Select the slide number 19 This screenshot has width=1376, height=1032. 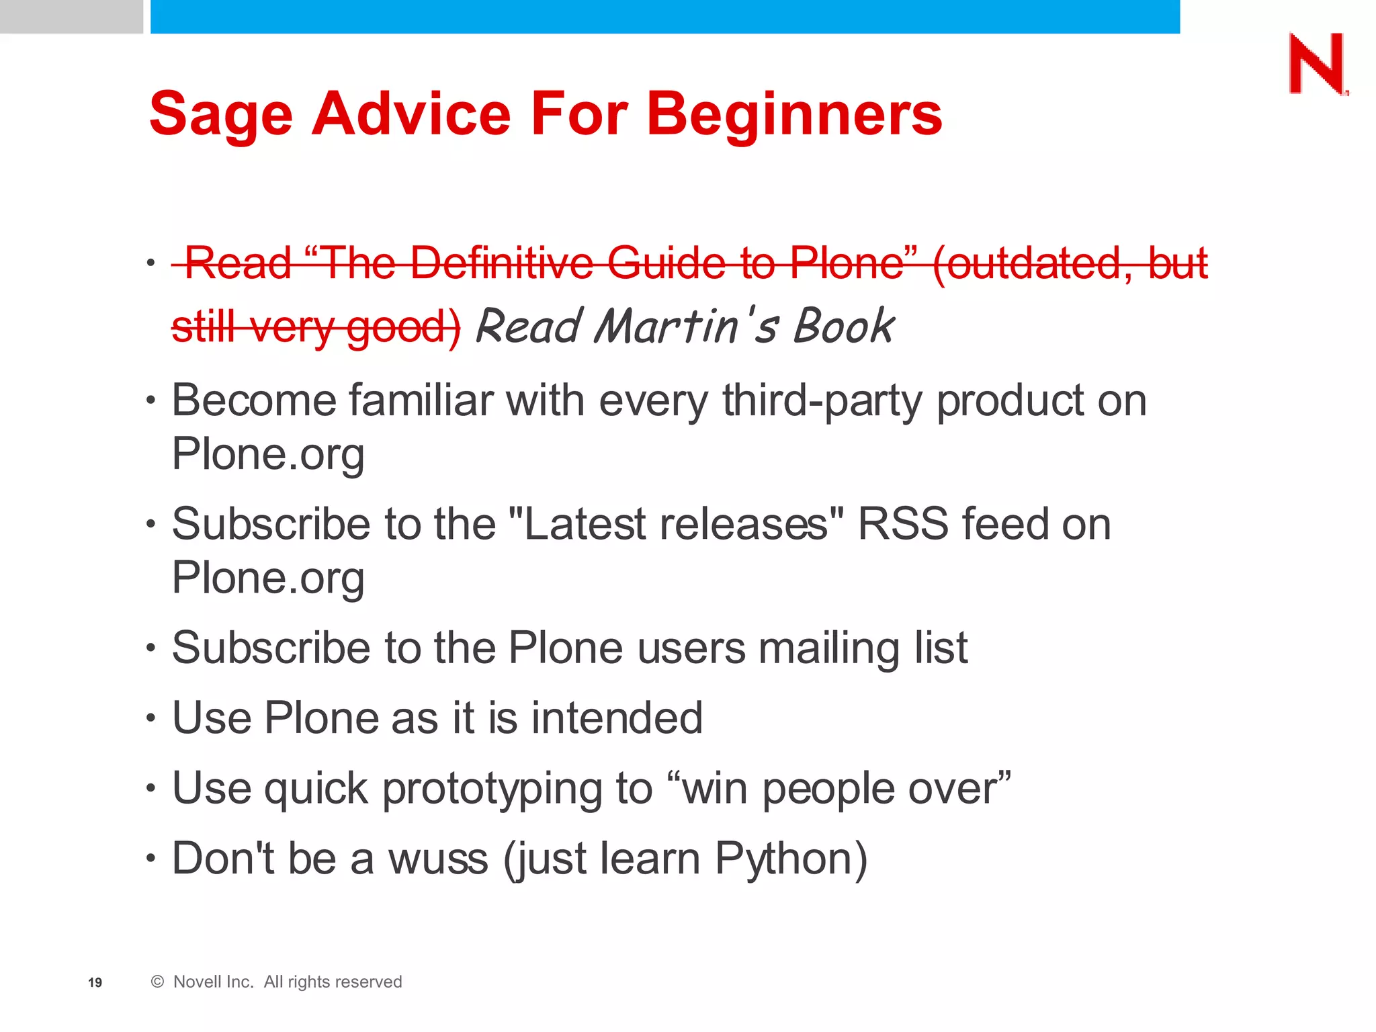click(95, 982)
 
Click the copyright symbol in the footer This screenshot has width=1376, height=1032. click(157, 982)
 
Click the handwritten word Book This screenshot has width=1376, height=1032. click(844, 327)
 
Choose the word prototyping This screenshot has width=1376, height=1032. click(492, 789)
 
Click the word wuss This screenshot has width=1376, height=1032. click(438, 859)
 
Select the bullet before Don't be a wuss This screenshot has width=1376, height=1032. click(151, 859)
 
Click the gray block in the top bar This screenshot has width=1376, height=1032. click(71, 16)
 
